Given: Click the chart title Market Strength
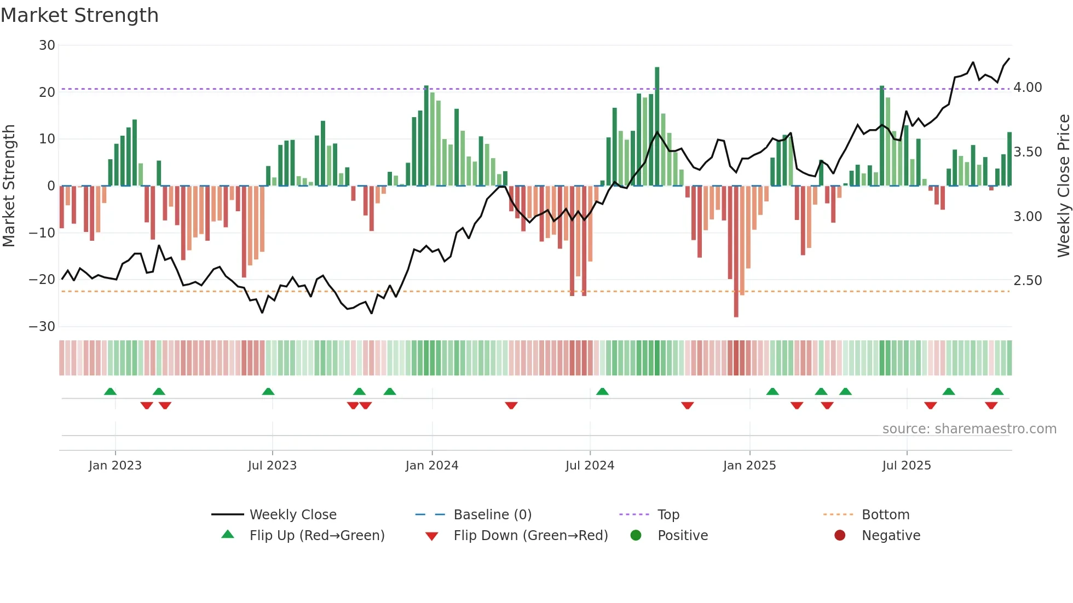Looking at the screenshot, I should click(79, 15).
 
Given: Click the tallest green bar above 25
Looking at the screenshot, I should click(657, 123).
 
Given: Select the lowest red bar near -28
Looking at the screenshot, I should click(736, 252).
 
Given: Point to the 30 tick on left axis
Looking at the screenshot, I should click(47, 45).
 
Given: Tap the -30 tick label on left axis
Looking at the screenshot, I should click(42, 327).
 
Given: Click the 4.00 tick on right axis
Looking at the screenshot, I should click(1028, 88).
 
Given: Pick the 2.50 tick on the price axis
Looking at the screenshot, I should click(1028, 281).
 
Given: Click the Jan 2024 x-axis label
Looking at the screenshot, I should click(432, 466).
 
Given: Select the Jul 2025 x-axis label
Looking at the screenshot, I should click(907, 466).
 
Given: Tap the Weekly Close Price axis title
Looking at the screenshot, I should click(1063, 186).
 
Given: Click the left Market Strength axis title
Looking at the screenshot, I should click(9, 186).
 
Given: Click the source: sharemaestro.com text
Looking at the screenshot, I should click(969, 429).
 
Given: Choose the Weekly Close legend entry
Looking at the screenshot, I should click(292, 515).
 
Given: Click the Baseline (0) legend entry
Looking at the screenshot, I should click(492, 515).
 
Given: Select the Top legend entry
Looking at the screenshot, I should click(668, 515).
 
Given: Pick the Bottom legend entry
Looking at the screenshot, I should click(885, 515).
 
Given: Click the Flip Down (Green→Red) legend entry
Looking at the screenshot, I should click(530, 536).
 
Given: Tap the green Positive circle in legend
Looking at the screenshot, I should click(636, 535).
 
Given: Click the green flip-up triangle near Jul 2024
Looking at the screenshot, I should click(602, 392).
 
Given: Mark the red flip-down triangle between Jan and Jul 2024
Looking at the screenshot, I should click(511, 405).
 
